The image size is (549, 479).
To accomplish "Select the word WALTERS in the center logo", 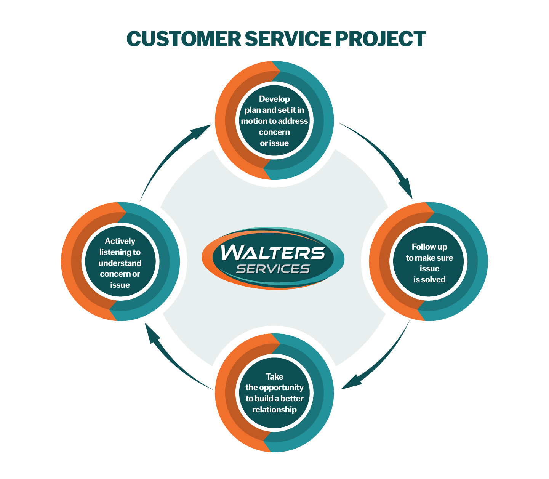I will tap(273, 253).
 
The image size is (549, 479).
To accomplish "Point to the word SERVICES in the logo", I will tap(273, 269).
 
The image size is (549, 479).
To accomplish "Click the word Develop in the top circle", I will tap(274, 99).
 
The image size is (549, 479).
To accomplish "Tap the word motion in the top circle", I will tap(254, 121).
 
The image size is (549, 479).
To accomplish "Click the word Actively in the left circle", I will tap(120, 241).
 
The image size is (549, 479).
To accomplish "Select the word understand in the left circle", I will tap(120, 263).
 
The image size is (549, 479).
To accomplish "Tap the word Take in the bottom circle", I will tap(274, 377).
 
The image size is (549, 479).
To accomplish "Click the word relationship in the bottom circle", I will tap(274, 410).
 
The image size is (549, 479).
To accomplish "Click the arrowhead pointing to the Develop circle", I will tap(202, 130).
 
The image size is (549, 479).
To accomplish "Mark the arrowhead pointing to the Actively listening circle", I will tap(152, 333).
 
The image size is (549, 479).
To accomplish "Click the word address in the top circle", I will tap(293, 121).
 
